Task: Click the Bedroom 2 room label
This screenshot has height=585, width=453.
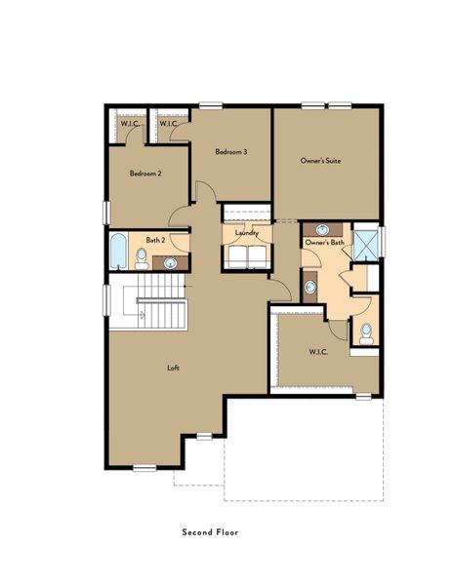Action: pyautogui.click(x=145, y=173)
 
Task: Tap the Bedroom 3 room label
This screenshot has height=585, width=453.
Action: pyautogui.click(x=231, y=151)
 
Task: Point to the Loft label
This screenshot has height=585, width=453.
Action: pyautogui.click(x=173, y=368)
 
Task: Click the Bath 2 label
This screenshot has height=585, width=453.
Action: pyautogui.click(x=154, y=239)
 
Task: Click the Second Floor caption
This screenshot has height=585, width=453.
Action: pyautogui.click(x=209, y=533)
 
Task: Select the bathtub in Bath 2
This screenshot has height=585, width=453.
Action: pyautogui.click(x=118, y=253)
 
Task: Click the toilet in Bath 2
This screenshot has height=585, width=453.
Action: pyautogui.click(x=142, y=259)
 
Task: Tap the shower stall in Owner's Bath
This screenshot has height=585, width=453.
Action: pyautogui.click(x=366, y=241)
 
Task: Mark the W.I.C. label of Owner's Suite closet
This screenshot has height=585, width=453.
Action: pyautogui.click(x=317, y=351)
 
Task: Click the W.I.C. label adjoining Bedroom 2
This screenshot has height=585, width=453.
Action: pyautogui.click(x=128, y=124)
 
